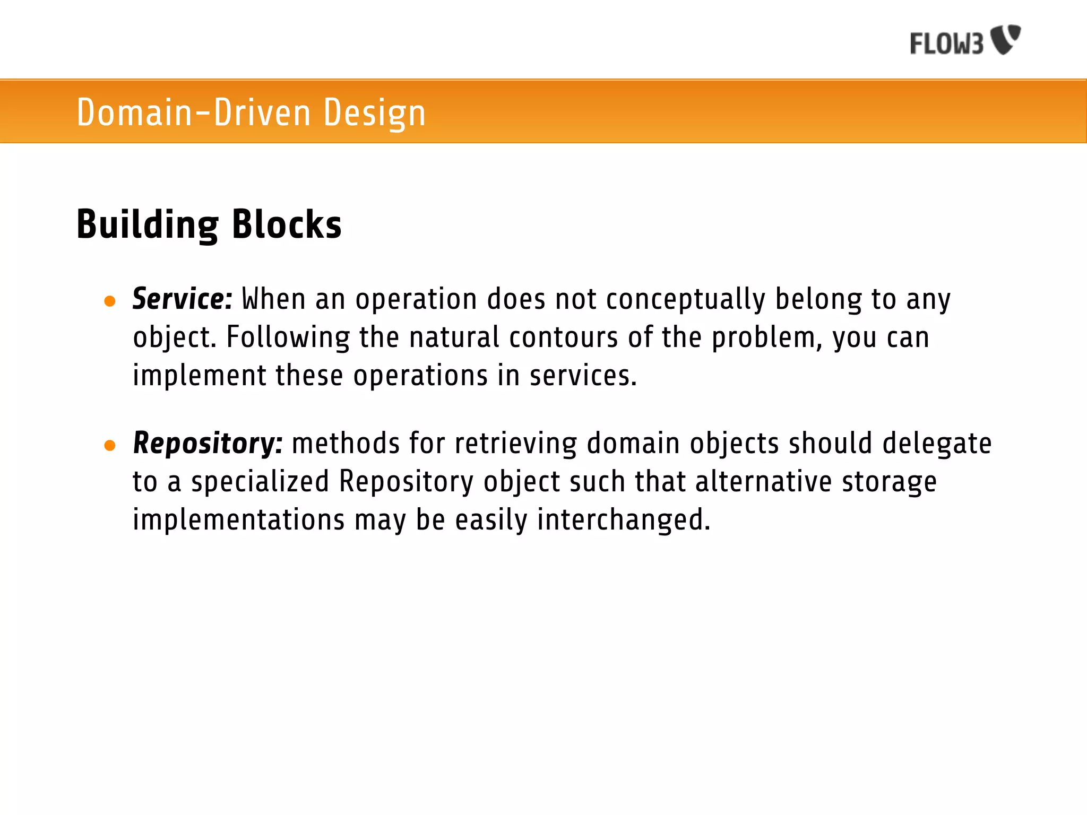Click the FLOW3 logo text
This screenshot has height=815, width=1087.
946,44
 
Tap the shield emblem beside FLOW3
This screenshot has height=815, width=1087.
1006,39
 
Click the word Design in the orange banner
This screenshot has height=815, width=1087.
374,113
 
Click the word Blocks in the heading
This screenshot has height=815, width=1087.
287,224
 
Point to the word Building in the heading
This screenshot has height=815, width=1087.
147,224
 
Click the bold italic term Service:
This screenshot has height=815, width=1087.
182,299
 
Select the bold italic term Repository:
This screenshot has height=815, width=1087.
208,443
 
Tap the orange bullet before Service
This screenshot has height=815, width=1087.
110,301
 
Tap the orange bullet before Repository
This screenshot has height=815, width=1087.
110,445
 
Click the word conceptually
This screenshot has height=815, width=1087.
685,300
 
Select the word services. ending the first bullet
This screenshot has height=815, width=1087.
582,376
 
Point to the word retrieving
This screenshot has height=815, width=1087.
515,444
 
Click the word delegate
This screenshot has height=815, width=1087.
936,444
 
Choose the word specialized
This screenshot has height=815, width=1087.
260,482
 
